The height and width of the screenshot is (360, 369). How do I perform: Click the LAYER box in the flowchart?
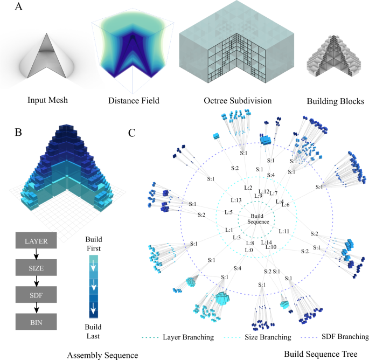click(36, 241)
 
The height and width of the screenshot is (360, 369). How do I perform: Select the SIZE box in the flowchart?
click(36, 268)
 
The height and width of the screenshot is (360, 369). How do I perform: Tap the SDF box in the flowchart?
click(36, 295)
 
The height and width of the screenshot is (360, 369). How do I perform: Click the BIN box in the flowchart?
click(36, 322)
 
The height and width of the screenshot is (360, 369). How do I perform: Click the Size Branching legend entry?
click(263, 337)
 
